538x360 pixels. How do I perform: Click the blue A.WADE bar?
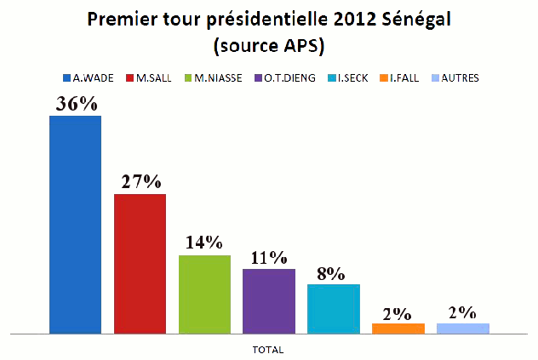(x=75, y=223)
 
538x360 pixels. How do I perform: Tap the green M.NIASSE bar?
(x=204, y=293)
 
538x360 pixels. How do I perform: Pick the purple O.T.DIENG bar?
(x=269, y=300)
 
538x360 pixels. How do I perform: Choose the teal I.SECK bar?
(x=333, y=307)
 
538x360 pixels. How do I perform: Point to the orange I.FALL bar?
(x=398, y=328)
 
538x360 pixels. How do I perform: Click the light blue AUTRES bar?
(x=462, y=328)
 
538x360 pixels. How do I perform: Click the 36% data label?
(x=75, y=104)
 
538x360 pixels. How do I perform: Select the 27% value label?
(x=140, y=182)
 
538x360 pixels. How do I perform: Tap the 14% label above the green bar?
(x=204, y=243)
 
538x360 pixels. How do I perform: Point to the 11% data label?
(x=269, y=257)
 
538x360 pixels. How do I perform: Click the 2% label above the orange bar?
(x=398, y=312)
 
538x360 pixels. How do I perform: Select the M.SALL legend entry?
(x=151, y=77)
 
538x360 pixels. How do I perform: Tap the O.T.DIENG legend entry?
(x=284, y=77)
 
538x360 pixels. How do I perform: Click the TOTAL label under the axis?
(x=268, y=350)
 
